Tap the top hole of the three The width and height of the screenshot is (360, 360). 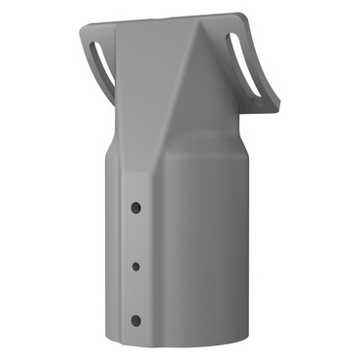[x=136, y=206]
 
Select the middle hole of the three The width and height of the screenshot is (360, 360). [x=136, y=264]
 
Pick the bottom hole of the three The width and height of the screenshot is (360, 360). [x=135, y=320]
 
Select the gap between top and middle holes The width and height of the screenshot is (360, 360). [x=136, y=235]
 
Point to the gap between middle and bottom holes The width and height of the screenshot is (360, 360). [x=136, y=292]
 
